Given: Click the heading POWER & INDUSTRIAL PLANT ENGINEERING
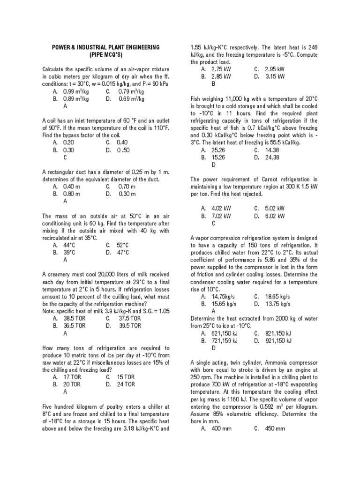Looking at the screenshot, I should pos(105,48).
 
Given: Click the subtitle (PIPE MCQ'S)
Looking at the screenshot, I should pos(105,55).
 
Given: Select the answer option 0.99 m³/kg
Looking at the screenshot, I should pos(75,91).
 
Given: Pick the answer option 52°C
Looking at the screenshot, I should pos(123,245).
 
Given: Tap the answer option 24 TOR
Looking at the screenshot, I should pos(126,384).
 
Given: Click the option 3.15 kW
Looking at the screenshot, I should pos(275,76).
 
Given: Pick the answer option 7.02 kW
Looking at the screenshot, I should pos(221,216).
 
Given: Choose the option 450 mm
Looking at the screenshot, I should pos(275,429).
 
